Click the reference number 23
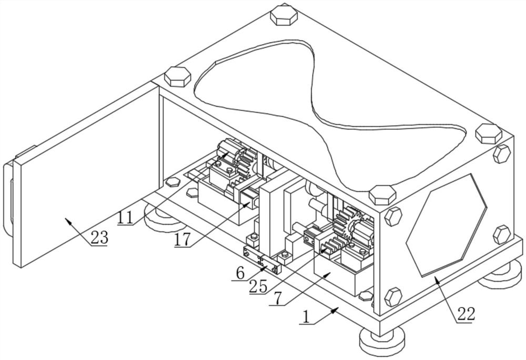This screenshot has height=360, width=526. coord(99,238)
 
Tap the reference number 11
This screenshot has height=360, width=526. coord(126,218)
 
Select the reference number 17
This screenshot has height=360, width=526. coord(182,240)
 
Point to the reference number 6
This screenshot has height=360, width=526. coord(240,273)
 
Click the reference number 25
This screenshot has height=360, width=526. coord(258,286)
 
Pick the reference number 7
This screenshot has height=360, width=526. coord(277,300)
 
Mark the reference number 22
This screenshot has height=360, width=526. coord(467,314)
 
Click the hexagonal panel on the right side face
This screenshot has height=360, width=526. coord(446,225)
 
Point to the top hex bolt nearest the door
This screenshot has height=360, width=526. coord(177,77)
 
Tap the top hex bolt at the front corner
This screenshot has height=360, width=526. coord(382,195)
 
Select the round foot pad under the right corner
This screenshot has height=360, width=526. coord(501,275)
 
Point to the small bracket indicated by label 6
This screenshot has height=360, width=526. coord(261,260)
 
